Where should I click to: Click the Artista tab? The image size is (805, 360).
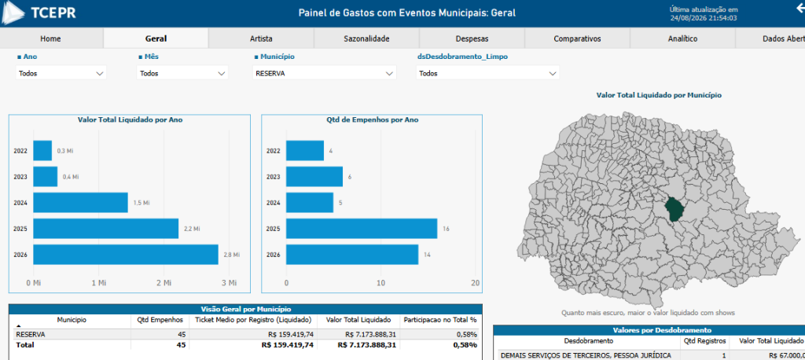coord(261,39)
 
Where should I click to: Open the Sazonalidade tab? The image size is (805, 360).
coord(366,39)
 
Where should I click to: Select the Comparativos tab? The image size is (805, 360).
coord(577,39)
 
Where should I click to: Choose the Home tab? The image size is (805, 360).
coord(50,39)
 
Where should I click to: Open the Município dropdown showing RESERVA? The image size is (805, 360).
coord(325,73)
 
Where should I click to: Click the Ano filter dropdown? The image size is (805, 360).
coord(61,73)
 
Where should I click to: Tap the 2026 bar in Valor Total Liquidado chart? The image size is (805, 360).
coord(126,255)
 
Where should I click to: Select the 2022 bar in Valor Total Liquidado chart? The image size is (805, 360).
coord(42,151)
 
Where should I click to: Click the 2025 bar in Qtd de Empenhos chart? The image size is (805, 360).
coord(362,229)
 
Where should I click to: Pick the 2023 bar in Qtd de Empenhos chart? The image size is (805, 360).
coord(314,177)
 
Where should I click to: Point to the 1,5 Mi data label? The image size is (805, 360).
coord(142,203)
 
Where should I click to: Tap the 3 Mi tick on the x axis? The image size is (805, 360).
coord(230,283)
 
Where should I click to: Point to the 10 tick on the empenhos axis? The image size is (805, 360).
coord(380,283)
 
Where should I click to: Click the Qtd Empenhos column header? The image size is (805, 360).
coord(160,320)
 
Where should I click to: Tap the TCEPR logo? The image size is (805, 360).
coord(39,13)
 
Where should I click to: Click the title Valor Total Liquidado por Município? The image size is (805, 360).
coord(660,95)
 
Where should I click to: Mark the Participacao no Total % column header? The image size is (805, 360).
coord(440,320)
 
